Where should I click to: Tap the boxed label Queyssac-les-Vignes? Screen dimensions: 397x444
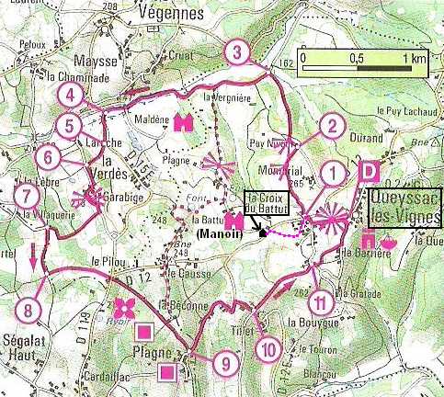tap(405, 210)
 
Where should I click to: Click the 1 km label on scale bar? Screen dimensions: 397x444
tap(414, 57)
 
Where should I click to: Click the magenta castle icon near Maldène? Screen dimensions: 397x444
tap(182, 121)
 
